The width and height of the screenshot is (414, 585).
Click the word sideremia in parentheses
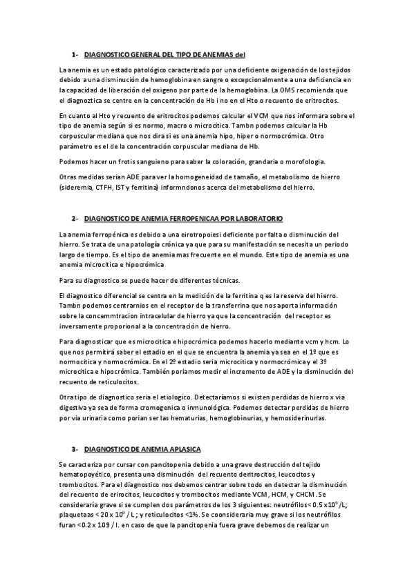pos(78,187)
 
